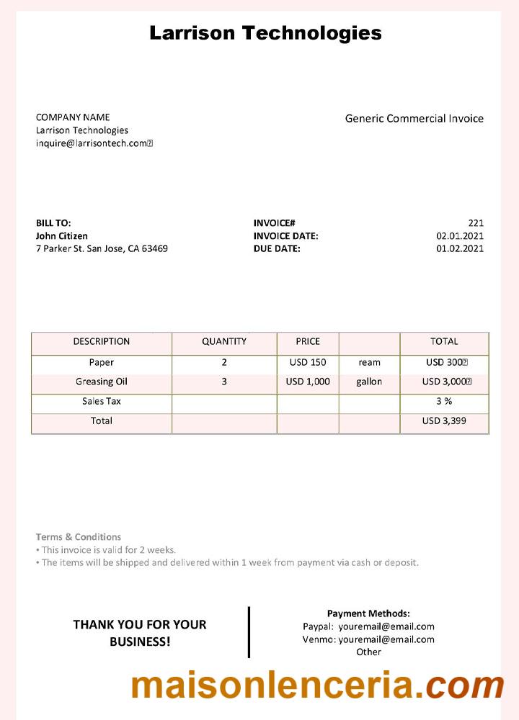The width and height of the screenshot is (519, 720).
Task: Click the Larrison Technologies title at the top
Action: click(x=265, y=32)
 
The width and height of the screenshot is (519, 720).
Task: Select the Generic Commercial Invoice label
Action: click(x=414, y=119)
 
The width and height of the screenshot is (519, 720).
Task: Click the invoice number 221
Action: click(x=476, y=223)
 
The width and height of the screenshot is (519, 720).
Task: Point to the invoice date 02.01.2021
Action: click(x=460, y=236)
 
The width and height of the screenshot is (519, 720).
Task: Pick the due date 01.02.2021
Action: click(x=460, y=249)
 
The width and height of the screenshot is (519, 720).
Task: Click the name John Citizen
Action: click(x=62, y=236)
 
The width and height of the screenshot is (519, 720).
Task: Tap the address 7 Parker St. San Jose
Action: click(x=102, y=249)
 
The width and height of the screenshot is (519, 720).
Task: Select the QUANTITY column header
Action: click(x=224, y=341)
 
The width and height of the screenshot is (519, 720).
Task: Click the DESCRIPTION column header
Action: click(x=102, y=341)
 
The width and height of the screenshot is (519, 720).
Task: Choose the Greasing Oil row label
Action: click(x=102, y=382)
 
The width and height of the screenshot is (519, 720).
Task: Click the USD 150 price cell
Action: click(x=308, y=362)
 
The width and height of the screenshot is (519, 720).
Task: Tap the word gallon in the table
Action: click(x=369, y=382)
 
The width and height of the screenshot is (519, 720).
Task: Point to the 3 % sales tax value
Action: click(x=444, y=401)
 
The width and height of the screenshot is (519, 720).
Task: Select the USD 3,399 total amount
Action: click(x=444, y=420)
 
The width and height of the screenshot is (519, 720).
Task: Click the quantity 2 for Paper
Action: click(x=224, y=362)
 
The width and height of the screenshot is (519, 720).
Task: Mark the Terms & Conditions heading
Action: click(x=79, y=537)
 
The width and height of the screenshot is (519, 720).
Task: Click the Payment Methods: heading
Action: click(x=368, y=613)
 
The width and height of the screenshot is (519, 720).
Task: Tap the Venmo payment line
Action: click(x=368, y=639)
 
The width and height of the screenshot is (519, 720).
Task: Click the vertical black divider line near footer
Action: click(x=249, y=632)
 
